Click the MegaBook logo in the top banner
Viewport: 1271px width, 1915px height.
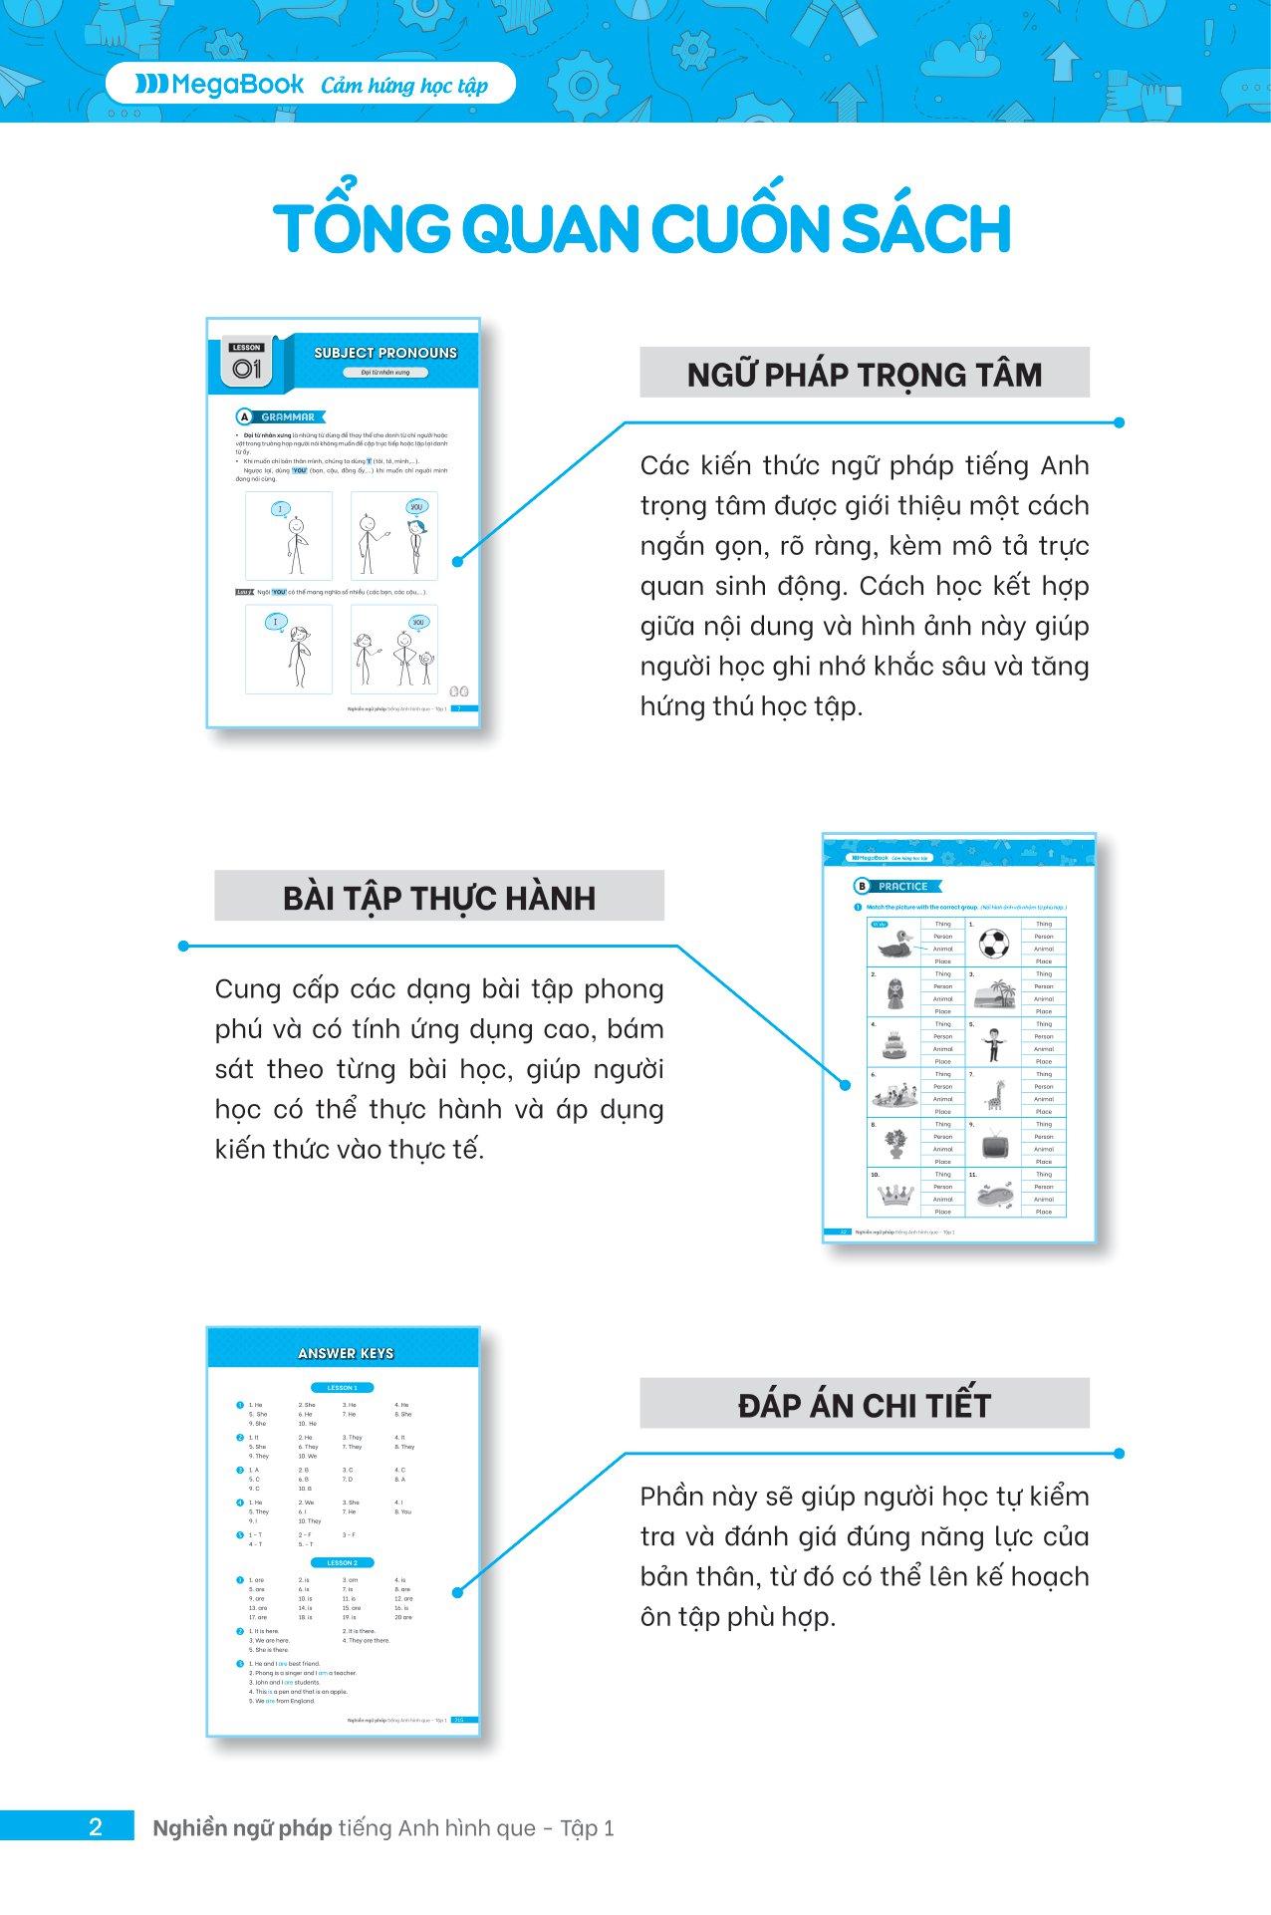click(220, 85)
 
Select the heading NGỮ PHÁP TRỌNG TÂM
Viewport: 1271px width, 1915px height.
click(864, 374)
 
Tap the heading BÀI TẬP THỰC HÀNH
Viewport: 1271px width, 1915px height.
click(439, 897)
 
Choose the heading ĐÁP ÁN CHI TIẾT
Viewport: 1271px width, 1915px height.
click(864, 1405)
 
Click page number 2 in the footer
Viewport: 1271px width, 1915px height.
click(96, 1827)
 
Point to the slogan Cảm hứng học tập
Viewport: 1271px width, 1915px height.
click(404, 86)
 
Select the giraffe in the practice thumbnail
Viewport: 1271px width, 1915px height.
click(994, 1092)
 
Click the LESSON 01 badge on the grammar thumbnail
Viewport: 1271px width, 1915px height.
click(246, 365)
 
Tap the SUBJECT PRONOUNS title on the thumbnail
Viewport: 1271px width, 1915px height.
click(385, 353)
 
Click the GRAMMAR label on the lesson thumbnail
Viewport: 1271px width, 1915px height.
click(287, 417)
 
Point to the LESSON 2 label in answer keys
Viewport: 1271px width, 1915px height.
click(342, 1562)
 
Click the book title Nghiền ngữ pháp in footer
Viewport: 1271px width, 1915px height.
click(242, 1828)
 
